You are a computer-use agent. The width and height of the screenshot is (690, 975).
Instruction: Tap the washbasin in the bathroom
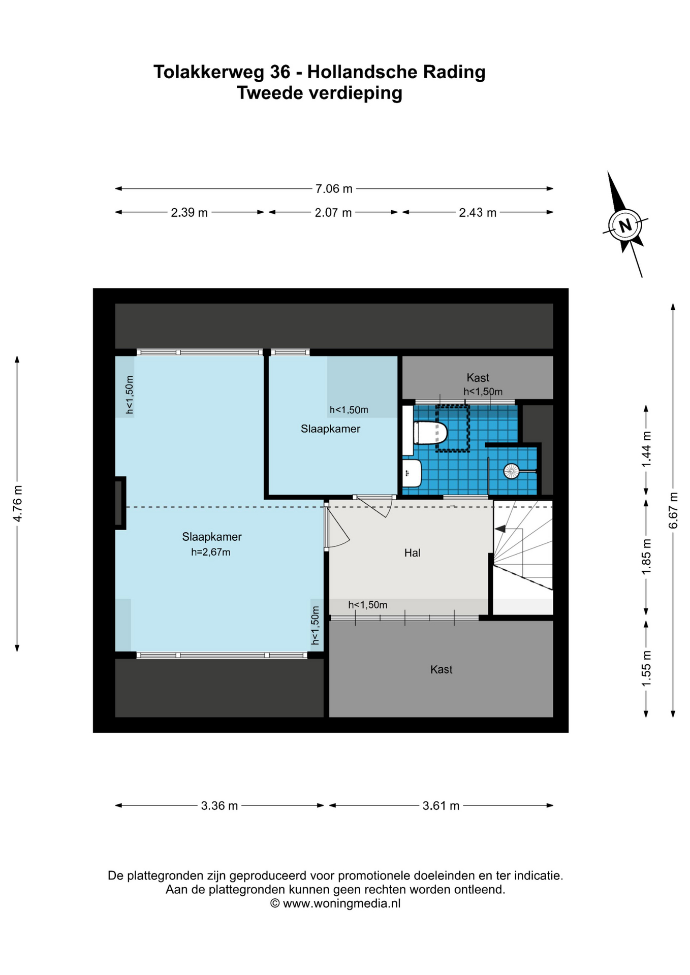412,473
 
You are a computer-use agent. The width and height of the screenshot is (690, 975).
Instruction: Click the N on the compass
625,224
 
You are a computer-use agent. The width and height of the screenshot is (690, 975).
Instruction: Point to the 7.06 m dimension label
334,189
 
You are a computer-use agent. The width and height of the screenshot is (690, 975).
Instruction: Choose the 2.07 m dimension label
333,213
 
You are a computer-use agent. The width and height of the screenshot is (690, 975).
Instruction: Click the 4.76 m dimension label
18,503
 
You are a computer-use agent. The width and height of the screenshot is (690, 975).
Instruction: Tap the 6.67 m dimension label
673,510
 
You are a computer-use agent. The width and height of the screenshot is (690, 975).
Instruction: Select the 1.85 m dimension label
646,557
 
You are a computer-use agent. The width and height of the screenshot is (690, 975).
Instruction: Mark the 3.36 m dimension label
219,805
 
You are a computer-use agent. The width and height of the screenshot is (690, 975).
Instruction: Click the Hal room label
412,553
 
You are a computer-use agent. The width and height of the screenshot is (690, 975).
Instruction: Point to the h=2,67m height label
211,552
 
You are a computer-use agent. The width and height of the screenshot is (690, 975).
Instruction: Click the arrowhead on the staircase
500,529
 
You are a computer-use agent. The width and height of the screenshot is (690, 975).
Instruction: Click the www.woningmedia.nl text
341,903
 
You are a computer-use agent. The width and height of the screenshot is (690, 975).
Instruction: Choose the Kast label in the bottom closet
441,669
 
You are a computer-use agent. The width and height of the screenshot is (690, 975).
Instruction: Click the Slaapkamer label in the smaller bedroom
330,429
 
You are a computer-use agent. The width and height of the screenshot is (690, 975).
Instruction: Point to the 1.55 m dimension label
646,668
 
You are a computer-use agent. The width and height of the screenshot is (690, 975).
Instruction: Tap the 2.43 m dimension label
478,213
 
